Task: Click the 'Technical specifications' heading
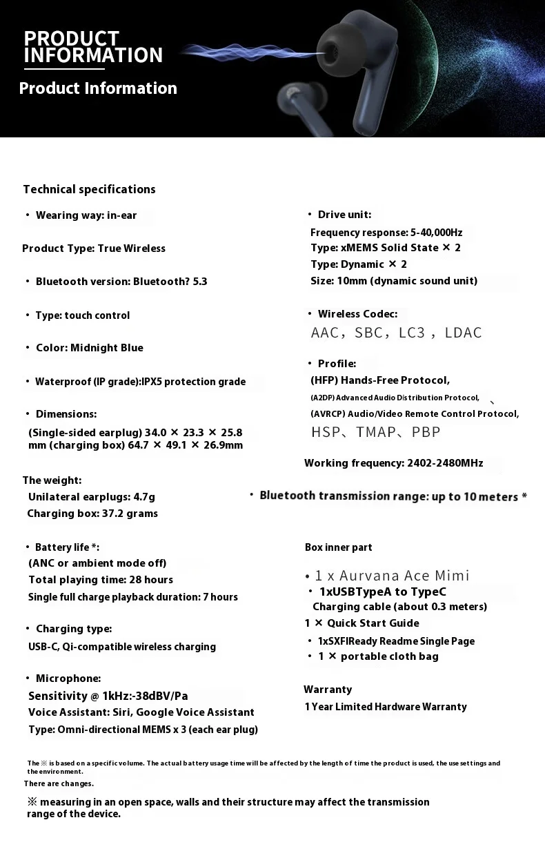[x=89, y=189]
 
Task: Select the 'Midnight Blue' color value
[x=107, y=348]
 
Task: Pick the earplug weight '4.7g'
[x=143, y=497]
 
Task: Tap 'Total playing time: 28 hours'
[x=101, y=580]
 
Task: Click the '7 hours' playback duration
[x=220, y=597]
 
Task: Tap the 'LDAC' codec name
[x=463, y=333]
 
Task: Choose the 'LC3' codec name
[x=412, y=333]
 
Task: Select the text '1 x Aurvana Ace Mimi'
[x=392, y=576]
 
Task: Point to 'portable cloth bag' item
[x=389, y=656]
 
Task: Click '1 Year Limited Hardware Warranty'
[x=386, y=707]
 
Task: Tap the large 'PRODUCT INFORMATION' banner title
[x=93, y=47]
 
